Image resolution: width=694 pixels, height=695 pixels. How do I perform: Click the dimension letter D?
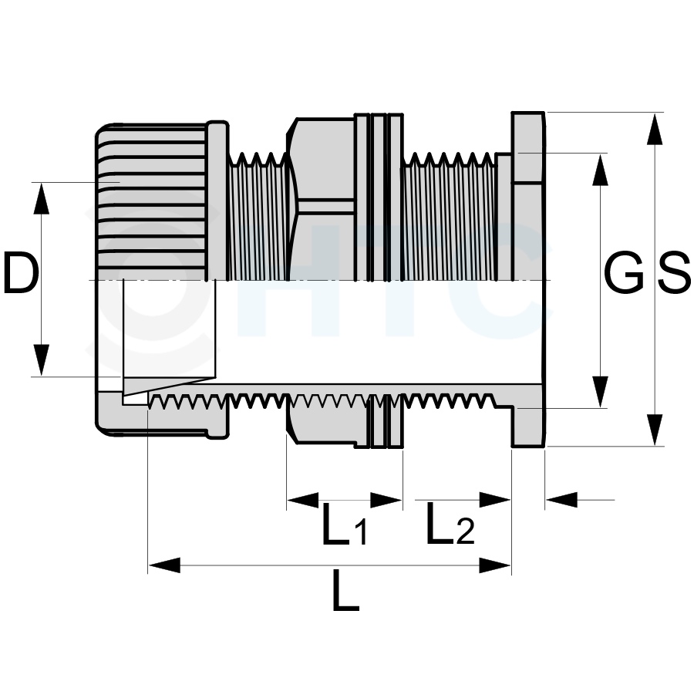click(21, 272)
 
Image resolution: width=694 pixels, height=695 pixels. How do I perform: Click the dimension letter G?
click(624, 272)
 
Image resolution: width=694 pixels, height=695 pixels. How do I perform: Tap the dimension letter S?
click(673, 272)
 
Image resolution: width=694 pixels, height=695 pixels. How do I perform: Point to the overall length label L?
click(345, 590)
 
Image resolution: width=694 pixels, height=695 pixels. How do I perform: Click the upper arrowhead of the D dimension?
click(41, 198)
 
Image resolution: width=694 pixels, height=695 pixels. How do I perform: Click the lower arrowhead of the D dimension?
click(41, 360)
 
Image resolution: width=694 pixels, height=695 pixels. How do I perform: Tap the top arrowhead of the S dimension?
click(655, 129)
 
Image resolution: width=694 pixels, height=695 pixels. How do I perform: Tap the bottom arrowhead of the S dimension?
click(655, 430)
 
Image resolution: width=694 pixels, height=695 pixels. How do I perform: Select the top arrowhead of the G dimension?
click(600, 170)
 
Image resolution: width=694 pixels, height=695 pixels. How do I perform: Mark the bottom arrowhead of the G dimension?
click(600, 392)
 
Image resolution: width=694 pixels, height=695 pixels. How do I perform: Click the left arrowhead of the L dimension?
click(164, 565)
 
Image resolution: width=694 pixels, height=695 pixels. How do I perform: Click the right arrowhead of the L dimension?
click(495, 565)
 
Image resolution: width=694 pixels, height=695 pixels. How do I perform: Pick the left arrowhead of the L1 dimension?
click(303, 500)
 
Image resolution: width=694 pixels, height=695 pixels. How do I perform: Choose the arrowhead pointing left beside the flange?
click(562, 500)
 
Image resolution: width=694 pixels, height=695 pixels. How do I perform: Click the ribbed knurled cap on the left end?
click(152, 202)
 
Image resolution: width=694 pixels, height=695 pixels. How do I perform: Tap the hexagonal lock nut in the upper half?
click(322, 200)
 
